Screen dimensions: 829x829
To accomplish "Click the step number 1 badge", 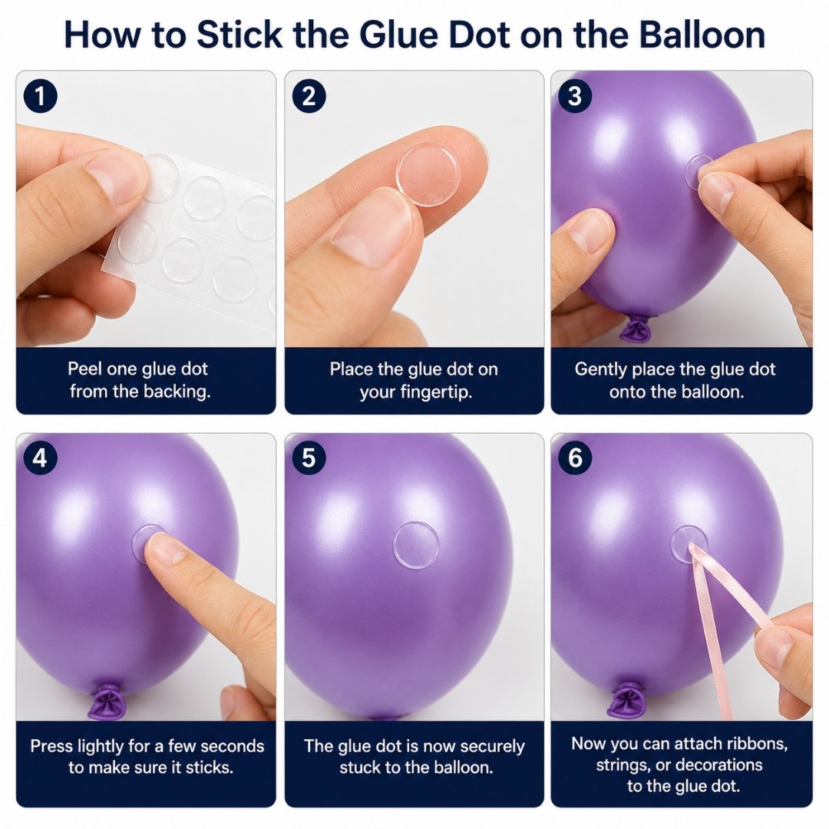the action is tap(40, 96).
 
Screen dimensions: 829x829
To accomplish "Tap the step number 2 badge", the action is tap(309, 96).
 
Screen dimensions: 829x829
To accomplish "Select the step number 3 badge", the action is tap(575, 96).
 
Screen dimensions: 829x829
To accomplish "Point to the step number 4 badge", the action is tap(40, 457).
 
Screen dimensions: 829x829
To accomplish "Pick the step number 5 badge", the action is tap(309, 457).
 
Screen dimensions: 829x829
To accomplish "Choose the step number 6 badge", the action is tap(575, 457).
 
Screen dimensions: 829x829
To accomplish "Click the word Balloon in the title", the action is tap(702, 35).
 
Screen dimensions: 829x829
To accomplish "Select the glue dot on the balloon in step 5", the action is tap(416, 544).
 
